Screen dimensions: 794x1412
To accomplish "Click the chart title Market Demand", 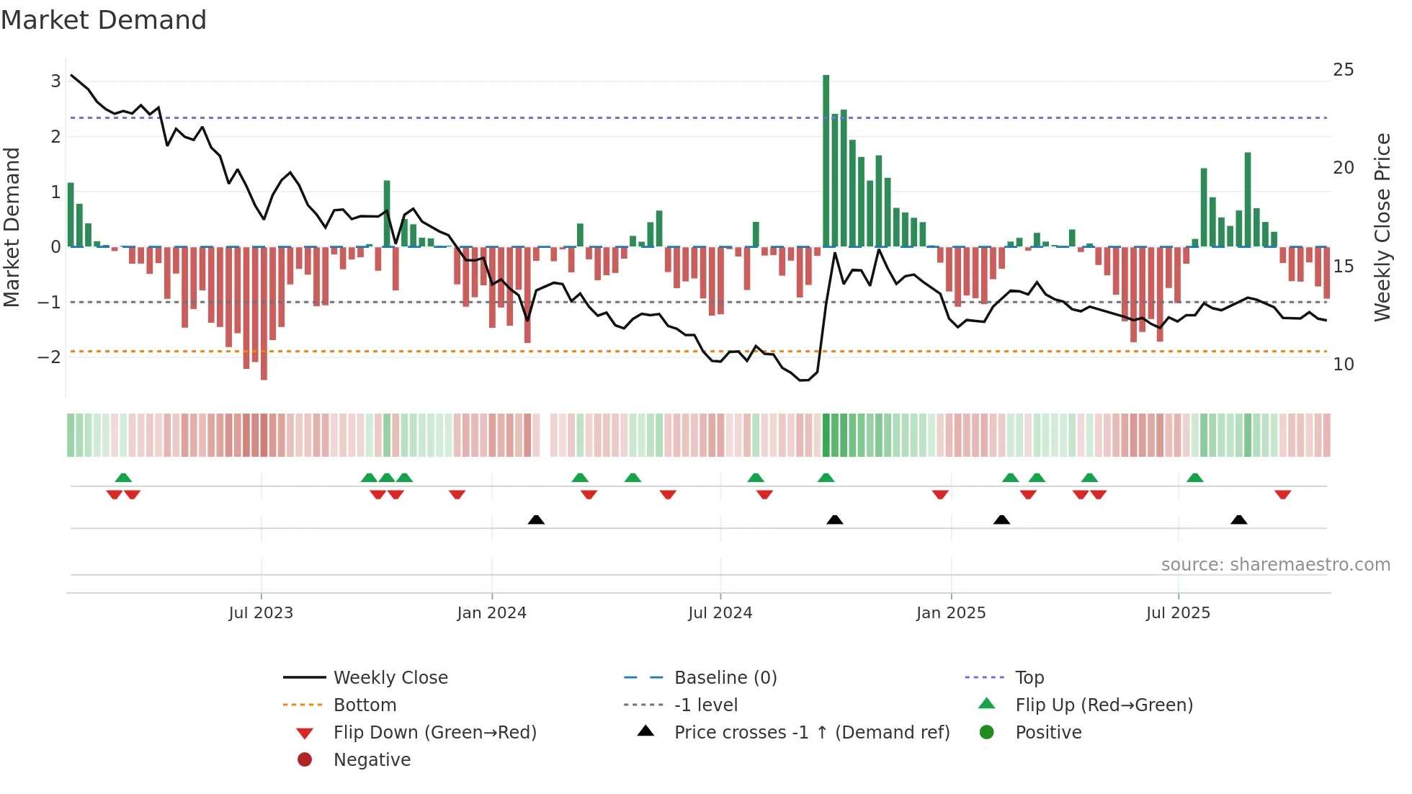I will coord(104,20).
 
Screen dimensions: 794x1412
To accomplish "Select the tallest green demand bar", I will coord(826,160).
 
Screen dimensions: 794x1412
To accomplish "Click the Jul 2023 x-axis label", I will coord(261,613).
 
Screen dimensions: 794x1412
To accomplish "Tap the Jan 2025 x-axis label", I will coord(951,613).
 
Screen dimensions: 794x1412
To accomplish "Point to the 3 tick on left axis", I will coord(55,81).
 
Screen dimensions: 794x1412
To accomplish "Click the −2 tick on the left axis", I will coord(49,357).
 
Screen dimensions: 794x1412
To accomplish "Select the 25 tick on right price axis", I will coord(1343,70).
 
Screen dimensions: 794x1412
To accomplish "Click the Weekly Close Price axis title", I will coord(1382,227).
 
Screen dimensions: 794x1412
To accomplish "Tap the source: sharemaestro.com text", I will coord(1275,565).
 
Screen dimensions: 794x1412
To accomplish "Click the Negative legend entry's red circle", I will coord(305,760).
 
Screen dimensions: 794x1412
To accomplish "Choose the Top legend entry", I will coord(1029,678).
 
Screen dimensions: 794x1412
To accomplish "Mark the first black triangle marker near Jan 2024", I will coord(536,519).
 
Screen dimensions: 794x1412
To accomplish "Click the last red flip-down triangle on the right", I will coord(1282,494).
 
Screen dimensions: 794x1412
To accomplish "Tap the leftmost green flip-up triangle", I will coord(123,478).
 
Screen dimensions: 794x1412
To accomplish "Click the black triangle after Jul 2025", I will coord(1238,519).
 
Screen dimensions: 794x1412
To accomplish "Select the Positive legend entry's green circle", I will coord(987,733).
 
